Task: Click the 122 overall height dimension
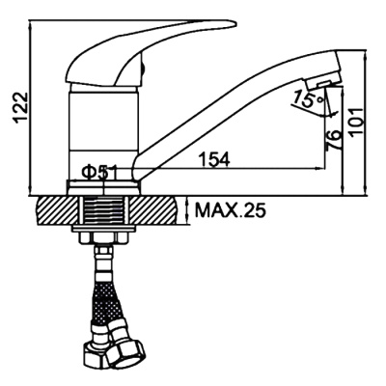21,108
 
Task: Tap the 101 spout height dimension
357,123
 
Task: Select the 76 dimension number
333,140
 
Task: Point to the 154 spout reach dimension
214,159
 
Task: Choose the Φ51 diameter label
99,174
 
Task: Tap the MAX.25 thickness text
231,210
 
